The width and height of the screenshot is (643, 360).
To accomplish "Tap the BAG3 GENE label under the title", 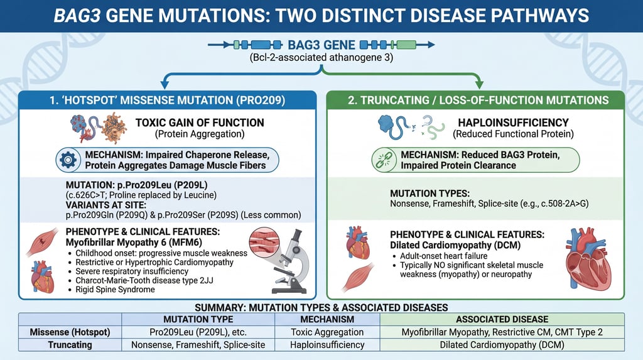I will click(x=321, y=45).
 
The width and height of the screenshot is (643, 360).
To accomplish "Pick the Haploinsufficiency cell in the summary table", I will click(x=327, y=344).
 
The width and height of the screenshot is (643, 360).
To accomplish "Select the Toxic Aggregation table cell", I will click(x=327, y=332).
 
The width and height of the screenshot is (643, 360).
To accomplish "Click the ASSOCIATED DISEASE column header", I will click(x=502, y=319).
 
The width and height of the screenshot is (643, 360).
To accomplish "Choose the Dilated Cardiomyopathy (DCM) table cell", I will click(x=502, y=344).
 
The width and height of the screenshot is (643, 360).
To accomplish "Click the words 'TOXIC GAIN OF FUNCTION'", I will click(x=200, y=123).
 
